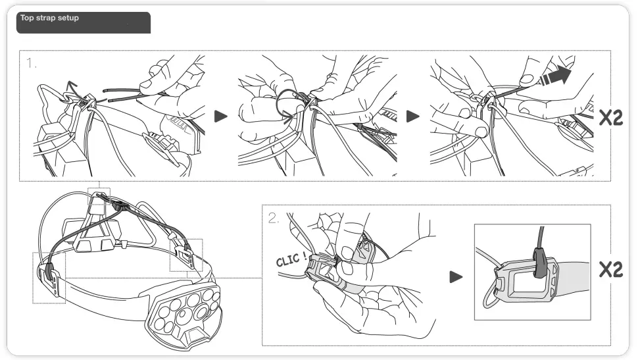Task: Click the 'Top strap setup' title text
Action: (49, 18)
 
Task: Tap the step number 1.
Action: (32, 64)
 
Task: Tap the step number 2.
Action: (274, 219)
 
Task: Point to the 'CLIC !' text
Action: (291, 259)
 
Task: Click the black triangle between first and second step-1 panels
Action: (221, 116)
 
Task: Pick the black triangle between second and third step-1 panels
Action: (412, 116)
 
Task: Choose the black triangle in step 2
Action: (456, 277)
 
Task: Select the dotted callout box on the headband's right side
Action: (186, 254)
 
